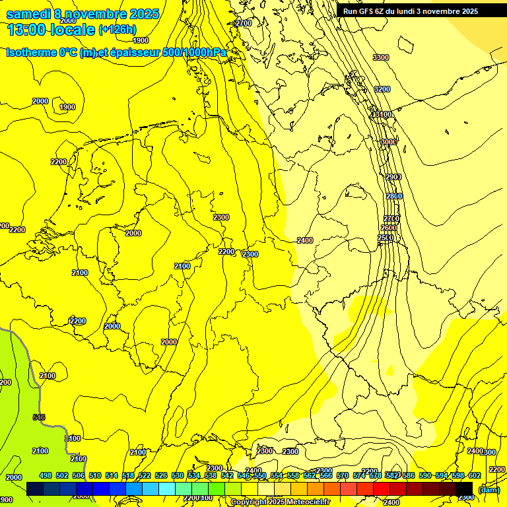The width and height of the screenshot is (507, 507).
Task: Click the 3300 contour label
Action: [381, 58]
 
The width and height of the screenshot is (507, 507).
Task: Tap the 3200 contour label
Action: [382, 89]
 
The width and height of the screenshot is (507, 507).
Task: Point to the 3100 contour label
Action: [382, 115]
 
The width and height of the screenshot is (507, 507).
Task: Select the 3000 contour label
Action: [388, 142]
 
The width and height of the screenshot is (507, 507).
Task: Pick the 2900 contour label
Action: [393, 177]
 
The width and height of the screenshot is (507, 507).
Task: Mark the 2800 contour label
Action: [394, 197]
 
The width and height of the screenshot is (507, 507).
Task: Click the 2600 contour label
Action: [389, 228]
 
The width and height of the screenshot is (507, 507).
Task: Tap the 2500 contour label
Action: [386, 238]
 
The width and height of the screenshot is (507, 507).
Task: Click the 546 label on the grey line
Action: [39, 417]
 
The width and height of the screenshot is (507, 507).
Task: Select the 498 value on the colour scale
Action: [46, 475]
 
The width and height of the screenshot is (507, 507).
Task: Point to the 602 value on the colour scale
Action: [474, 475]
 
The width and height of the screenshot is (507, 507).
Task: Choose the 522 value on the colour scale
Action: [145, 475]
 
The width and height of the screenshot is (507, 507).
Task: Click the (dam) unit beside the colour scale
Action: [489, 489]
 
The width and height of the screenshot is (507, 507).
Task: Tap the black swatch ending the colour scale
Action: [464, 489]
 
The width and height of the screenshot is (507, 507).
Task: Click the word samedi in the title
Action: [29, 14]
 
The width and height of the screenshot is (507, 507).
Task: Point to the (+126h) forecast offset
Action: [118, 30]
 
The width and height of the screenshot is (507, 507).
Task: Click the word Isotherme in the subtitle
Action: [30, 52]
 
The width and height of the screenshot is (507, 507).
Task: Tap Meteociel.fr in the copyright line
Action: [306, 502]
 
